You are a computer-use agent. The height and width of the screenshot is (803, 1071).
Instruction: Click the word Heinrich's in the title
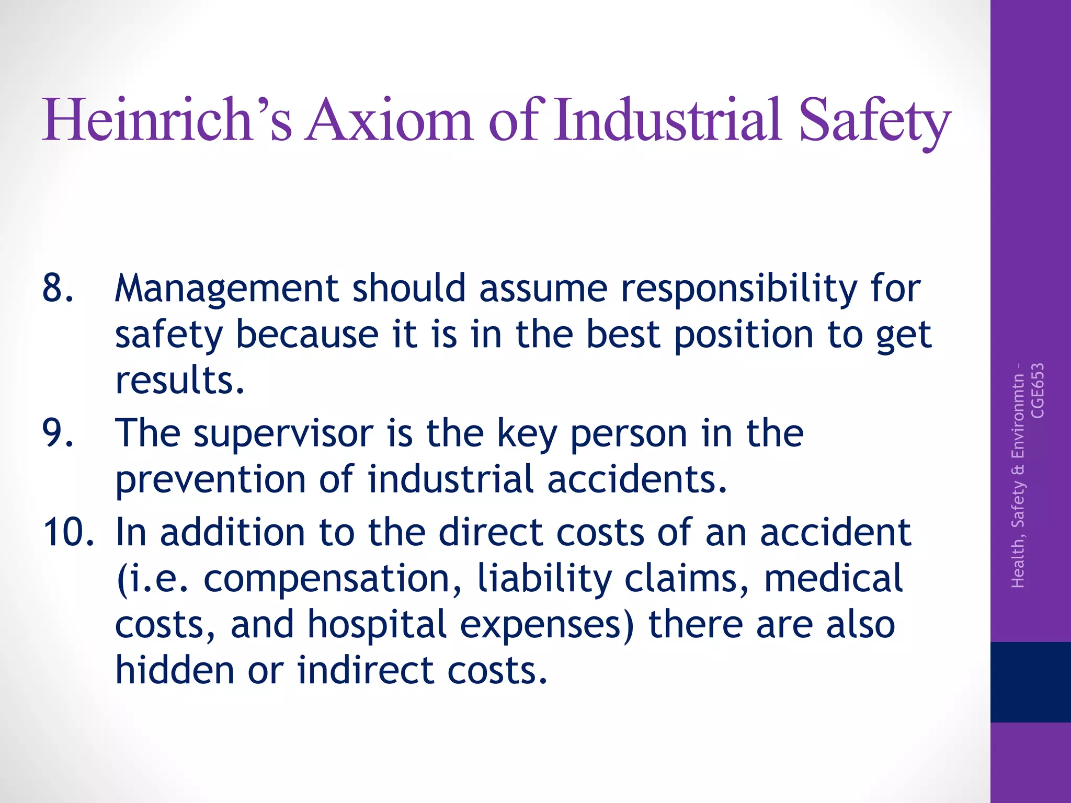point(167,120)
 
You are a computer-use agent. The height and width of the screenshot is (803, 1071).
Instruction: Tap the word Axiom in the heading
point(390,120)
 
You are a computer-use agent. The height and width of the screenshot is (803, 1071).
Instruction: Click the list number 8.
point(58,288)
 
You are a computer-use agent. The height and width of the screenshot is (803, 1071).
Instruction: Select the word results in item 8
point(179,380)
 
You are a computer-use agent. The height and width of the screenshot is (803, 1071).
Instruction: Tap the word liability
point(544,578)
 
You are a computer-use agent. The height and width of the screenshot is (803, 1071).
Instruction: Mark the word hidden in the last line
point(174,670)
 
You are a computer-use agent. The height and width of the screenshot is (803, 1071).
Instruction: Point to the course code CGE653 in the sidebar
point(1037,391)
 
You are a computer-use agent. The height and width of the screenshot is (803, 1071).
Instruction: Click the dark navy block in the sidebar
point(1030,682)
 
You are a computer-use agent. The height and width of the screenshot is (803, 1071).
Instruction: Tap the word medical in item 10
point(833,578)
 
